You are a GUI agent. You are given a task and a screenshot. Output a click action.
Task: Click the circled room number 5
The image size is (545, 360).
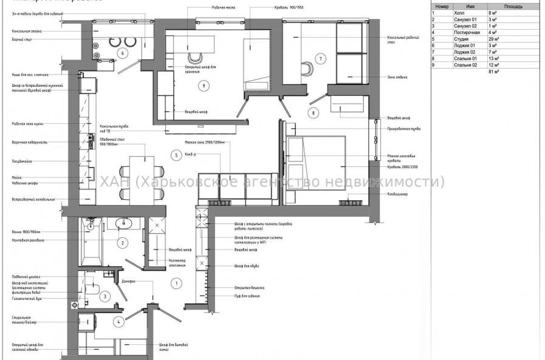click(x=176, y=155)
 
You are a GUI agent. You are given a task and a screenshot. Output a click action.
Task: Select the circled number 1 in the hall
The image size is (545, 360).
click(x=176, y=283)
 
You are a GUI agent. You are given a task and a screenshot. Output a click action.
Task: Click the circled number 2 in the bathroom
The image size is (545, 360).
click(x=123, y=243)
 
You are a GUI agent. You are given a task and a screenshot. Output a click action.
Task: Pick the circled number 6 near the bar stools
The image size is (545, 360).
click(x=122, y=53)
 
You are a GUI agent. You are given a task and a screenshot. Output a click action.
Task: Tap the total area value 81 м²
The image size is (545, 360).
click(x=493, y=72)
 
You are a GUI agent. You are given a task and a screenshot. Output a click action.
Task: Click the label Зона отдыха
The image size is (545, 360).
click(x=397, y=77)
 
